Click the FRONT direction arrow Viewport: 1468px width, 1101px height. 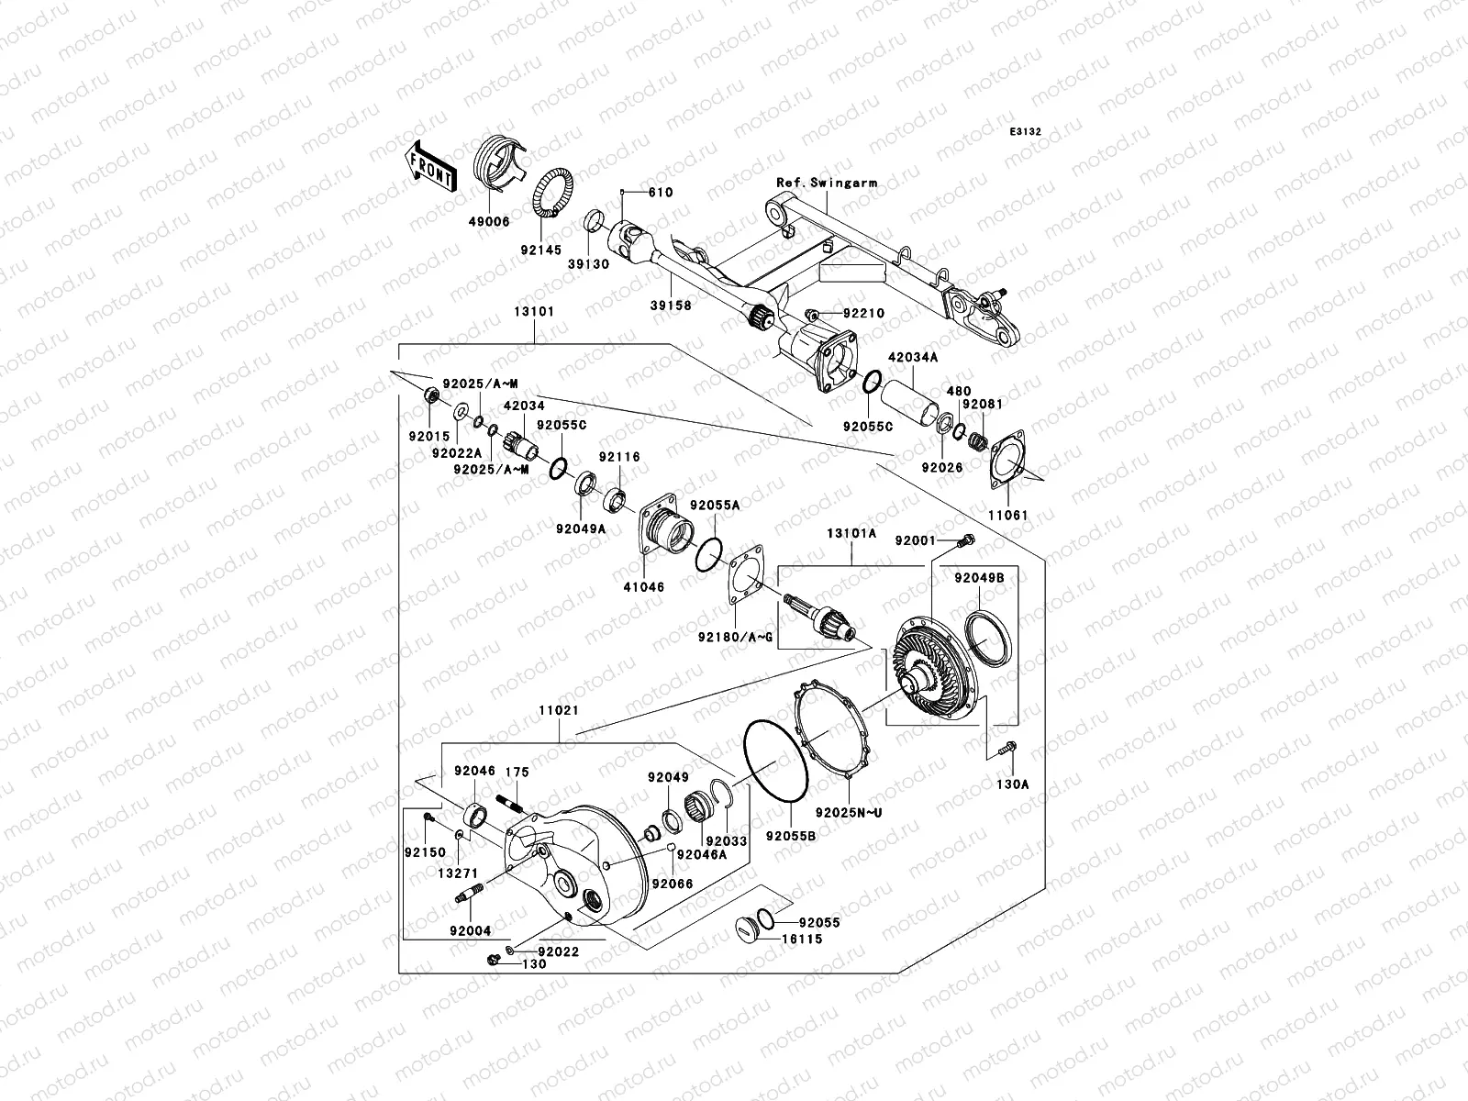(431, 165)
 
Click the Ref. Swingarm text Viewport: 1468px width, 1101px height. (826, 183)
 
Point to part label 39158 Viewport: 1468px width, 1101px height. (670, 306)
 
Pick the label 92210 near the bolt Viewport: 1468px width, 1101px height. (863, 314)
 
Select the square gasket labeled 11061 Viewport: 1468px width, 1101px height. (1010, 459)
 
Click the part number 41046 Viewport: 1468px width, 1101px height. (645, 586)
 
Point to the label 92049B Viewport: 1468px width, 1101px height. (979, 579)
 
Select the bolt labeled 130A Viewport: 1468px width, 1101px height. (1007, 751)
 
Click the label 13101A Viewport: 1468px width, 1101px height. (851, 532)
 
